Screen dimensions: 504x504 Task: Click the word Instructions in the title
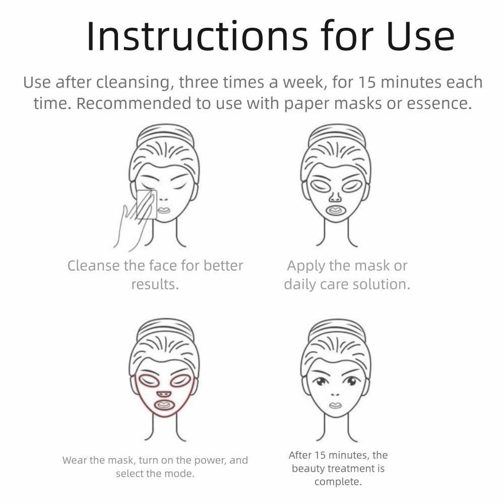pos(197,36)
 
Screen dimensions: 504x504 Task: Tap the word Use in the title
pos(421,36)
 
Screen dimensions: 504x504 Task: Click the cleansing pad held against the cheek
pos(147,204)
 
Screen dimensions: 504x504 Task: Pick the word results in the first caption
pos(155,284)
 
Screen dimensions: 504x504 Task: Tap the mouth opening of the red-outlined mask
pos(163,404)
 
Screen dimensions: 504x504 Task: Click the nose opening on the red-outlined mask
pos(163,393)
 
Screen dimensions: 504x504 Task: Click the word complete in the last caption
pos(338,482)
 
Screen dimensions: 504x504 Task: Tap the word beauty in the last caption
pos(308,469)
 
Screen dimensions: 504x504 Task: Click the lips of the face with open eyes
pos(335,405)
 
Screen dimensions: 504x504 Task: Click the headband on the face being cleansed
pos(165,134)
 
